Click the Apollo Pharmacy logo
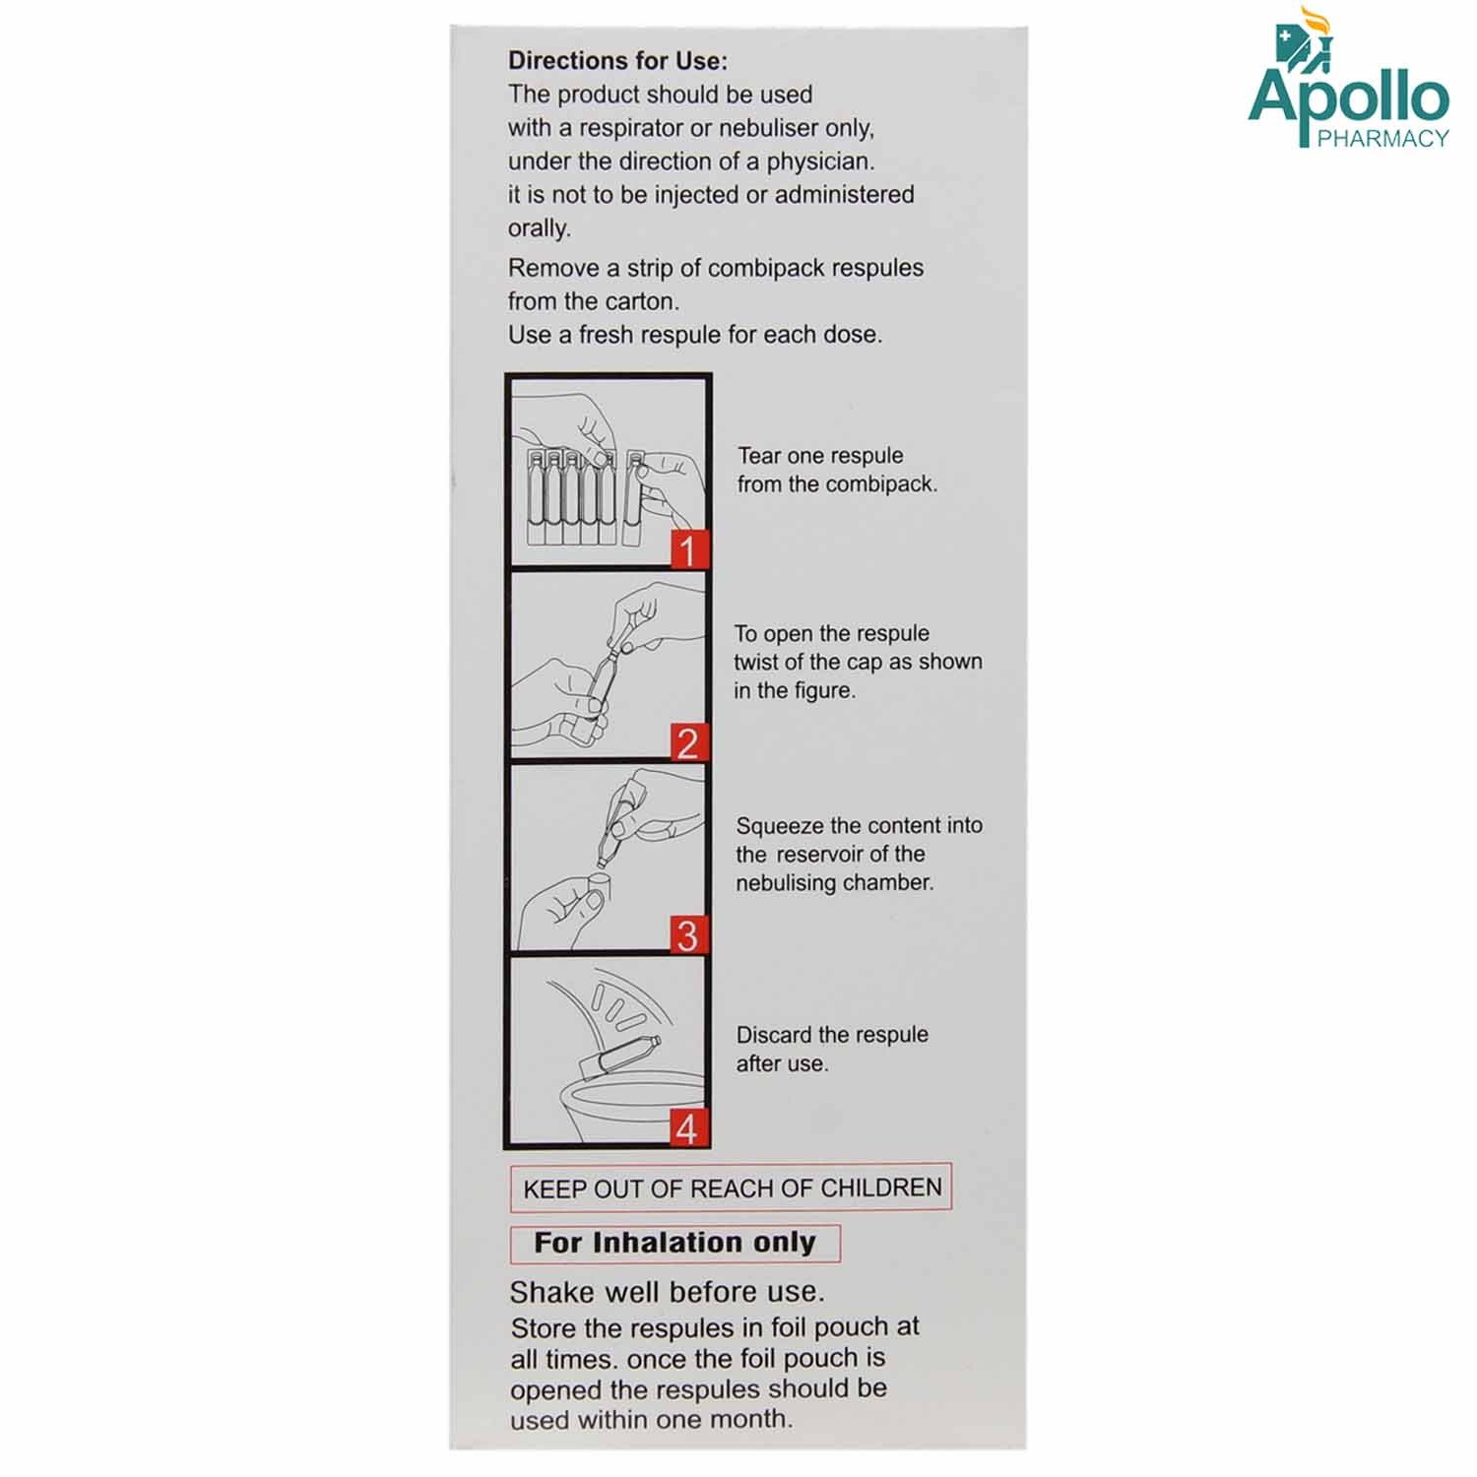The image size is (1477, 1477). (x=1348, y=84)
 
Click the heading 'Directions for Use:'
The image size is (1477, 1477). (x=617, y=61)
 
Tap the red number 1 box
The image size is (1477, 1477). (x=689, y=549)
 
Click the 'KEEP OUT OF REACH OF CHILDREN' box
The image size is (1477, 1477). (x=732, y=1188)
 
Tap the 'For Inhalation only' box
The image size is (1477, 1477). (x=674, y=1243)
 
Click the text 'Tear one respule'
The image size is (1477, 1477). (x=820, y=456)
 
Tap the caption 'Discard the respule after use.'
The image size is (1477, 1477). (x=832, y=1049)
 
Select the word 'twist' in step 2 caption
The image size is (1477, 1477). (x=755, y=662)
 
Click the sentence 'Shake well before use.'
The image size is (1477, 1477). (x=667, y=1292)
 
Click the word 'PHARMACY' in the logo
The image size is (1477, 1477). (x=1382, y=139)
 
